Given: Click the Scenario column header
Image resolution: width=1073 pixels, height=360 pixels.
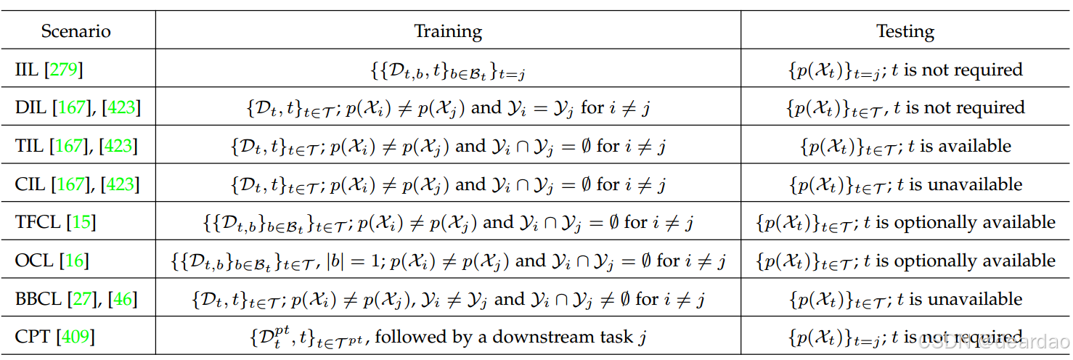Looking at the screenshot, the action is (x=76, y=31).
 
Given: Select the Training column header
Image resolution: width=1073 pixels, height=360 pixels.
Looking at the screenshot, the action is (x=447, y=31).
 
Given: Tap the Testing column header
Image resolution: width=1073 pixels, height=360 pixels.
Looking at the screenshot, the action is (x=905, y=31).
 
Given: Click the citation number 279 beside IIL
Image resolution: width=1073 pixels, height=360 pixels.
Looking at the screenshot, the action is (x=64, y=70).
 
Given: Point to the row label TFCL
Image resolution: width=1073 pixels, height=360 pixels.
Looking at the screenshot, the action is (x=37, y=222).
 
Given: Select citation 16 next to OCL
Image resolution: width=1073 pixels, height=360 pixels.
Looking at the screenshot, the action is (x=75, y=261).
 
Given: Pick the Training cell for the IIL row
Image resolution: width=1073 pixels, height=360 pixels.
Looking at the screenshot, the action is (x=447, y=70).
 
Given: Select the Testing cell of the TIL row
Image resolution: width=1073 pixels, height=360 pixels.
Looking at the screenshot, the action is (x=905, y=147).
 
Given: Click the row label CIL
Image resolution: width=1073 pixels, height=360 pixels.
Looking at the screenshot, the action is (x=30, y=184).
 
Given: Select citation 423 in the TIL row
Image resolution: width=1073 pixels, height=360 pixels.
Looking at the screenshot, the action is (x=120, y=147).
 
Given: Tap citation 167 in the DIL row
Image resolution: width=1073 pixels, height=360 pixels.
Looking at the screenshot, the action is (x=71, y=108).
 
